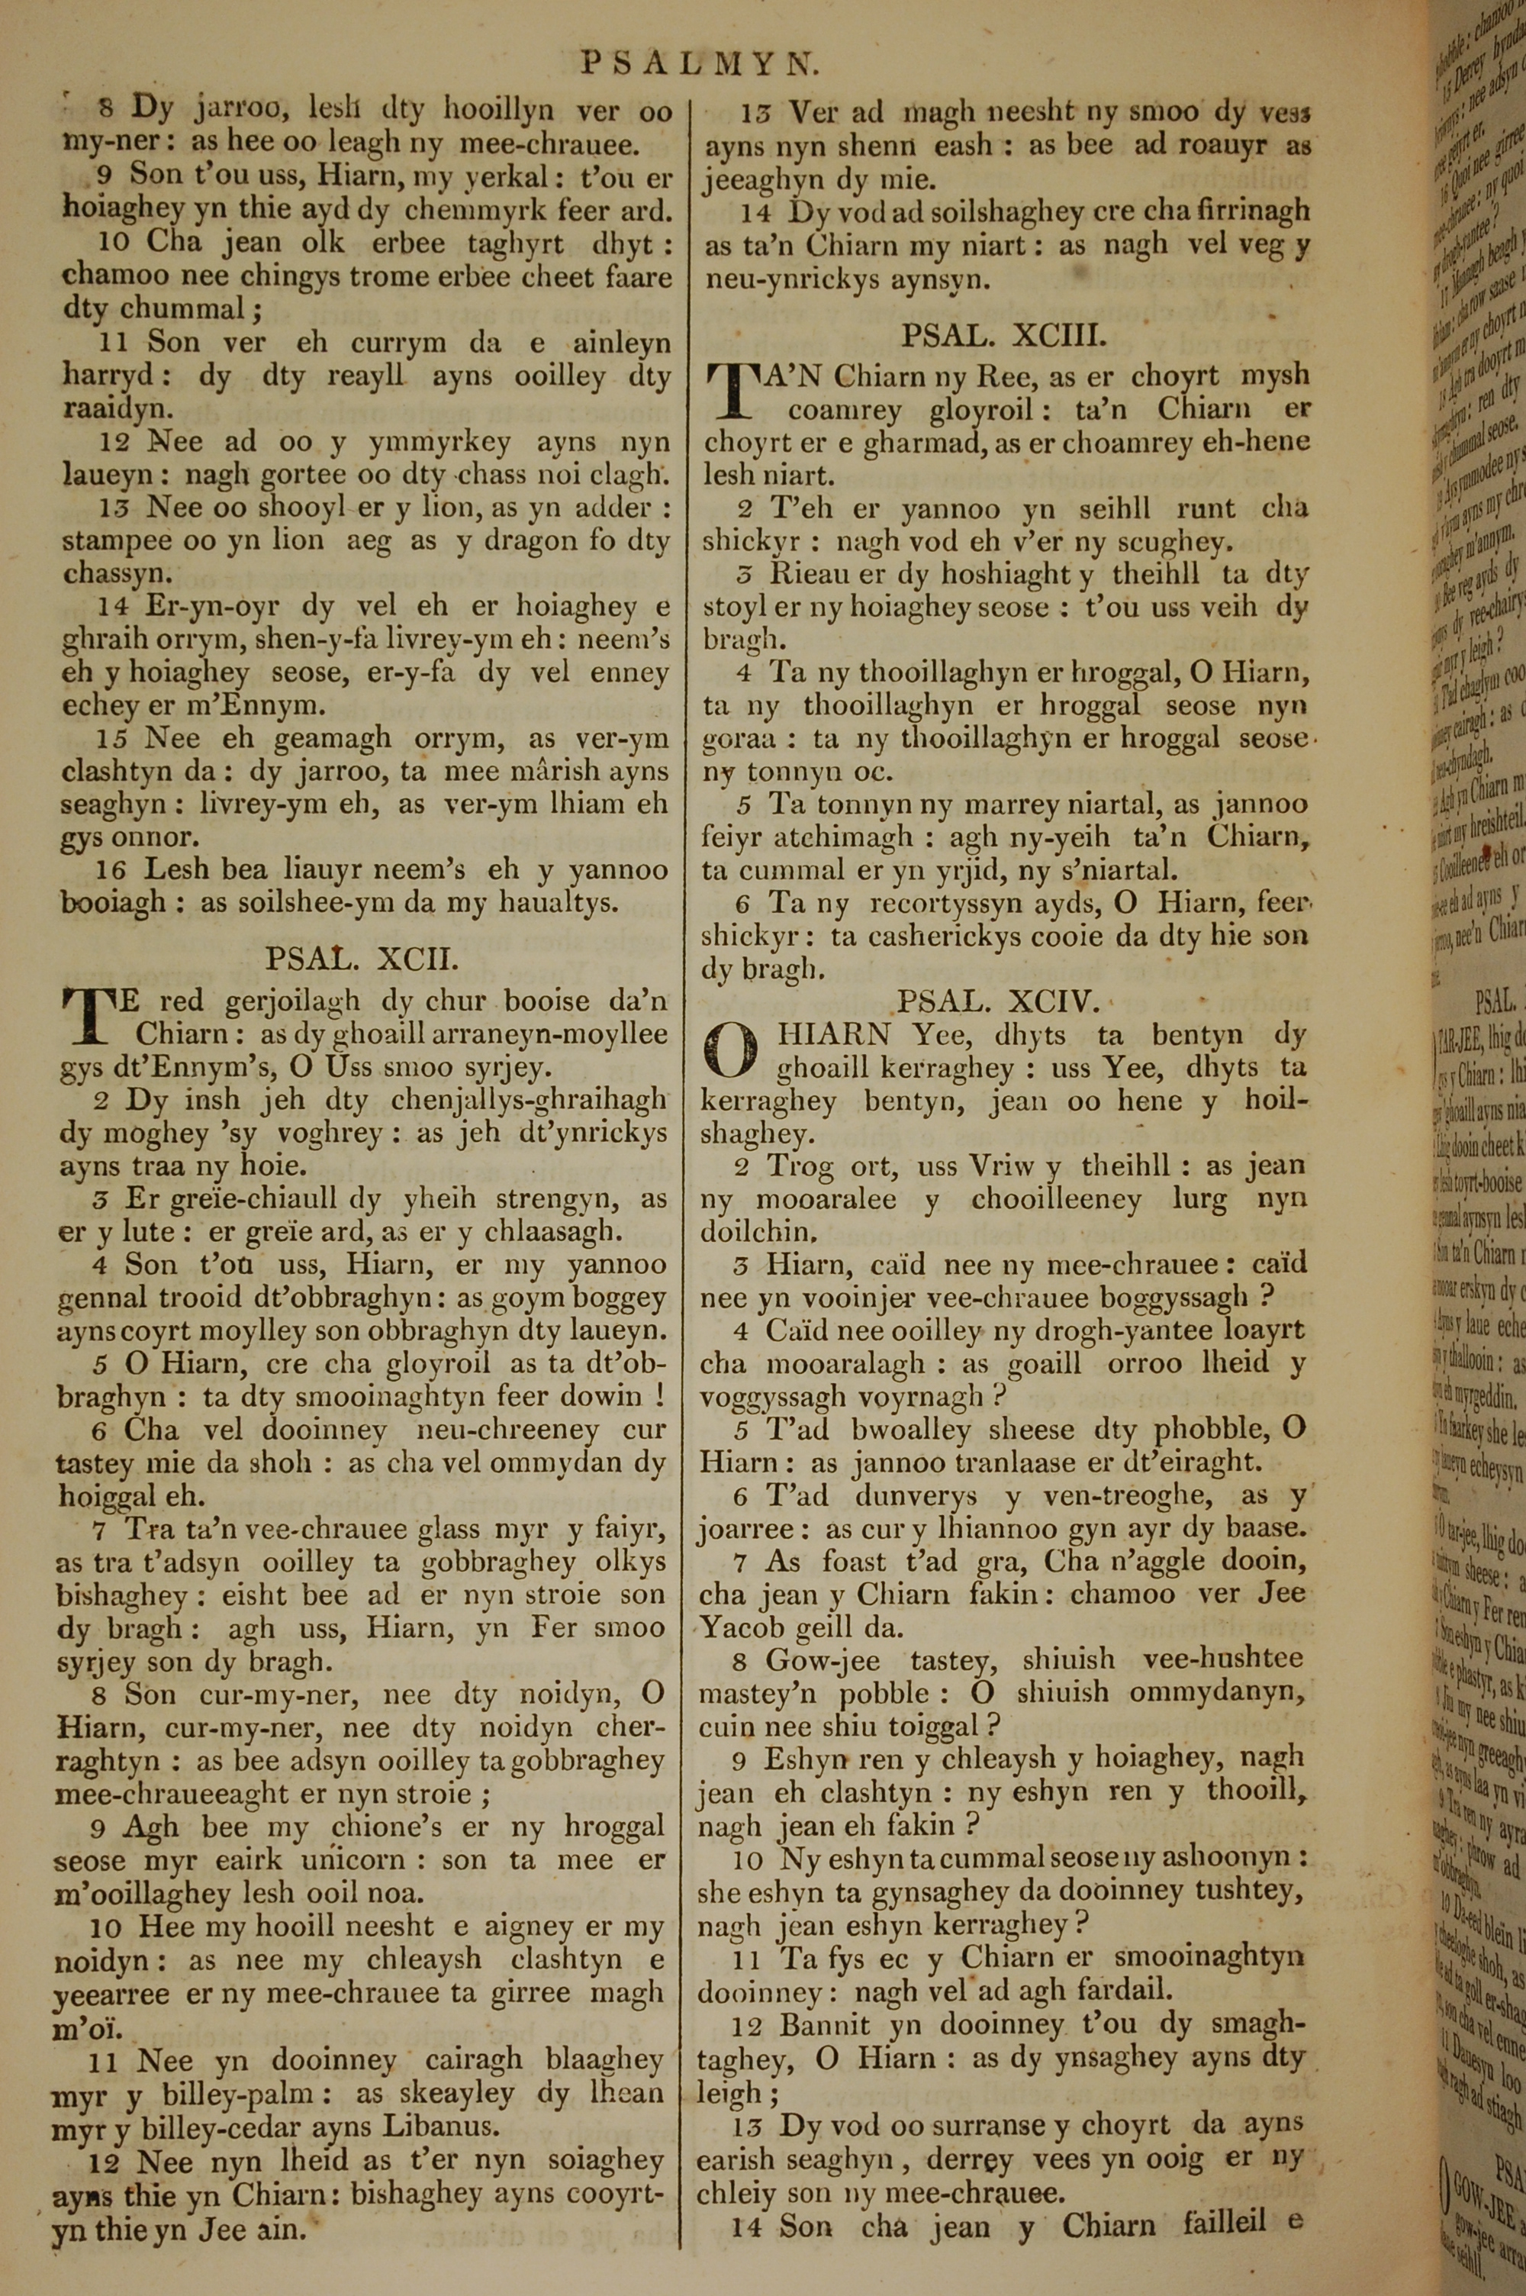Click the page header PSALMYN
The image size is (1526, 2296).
(700, 64)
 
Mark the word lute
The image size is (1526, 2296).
(153, 1232)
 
